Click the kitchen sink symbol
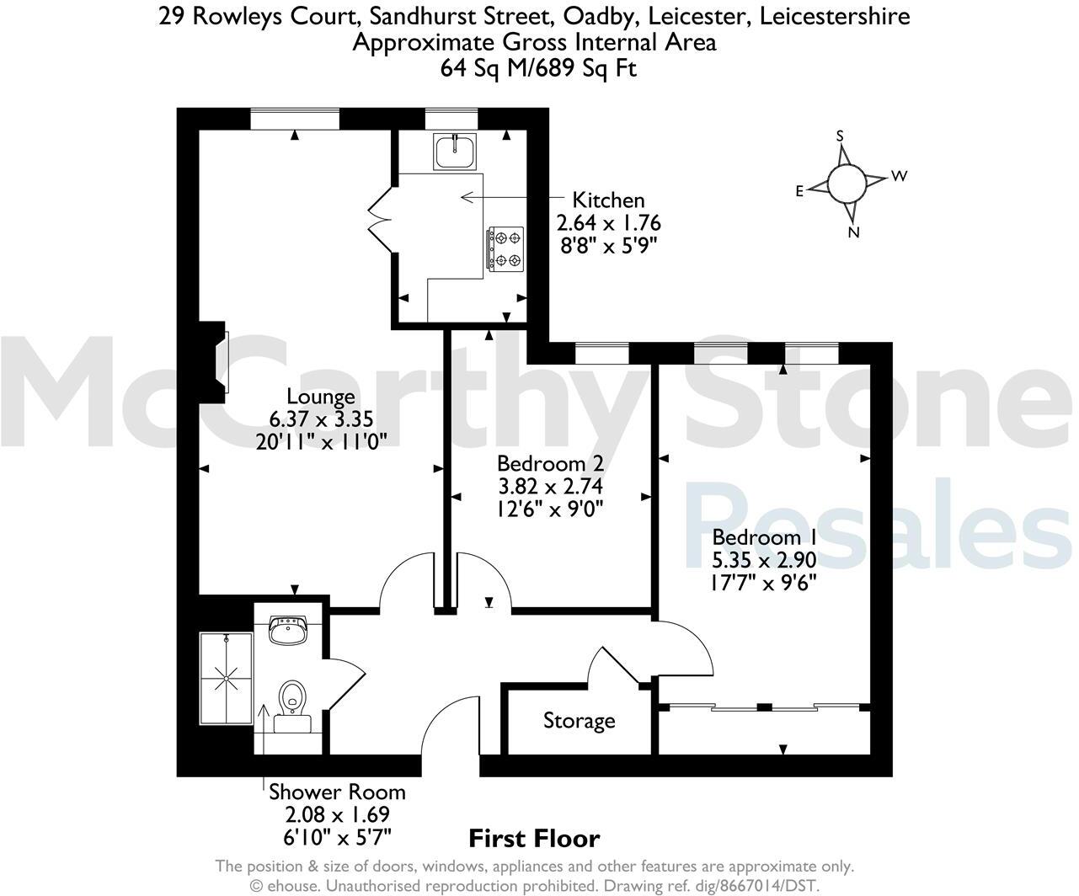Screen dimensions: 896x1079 coord(455,152)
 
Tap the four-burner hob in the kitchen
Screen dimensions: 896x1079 coord(505,250)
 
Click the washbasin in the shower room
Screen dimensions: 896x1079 coord(289,630)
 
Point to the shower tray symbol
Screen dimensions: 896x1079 coord(226,678)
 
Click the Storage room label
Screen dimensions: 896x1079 coord(579,721)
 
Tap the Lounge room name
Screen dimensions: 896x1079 coord(320,396)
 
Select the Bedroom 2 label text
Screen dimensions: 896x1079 coord(550,463)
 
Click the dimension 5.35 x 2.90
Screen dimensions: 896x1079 coord(764,560)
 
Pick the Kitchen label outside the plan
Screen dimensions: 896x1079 coord(608,200)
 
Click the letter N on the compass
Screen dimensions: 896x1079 coord(853,233)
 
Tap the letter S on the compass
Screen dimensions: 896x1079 coord(840,136)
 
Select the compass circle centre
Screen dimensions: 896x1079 coord(846,184)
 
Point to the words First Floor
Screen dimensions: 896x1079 coord(534,839)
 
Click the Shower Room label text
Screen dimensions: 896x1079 coord(337,792)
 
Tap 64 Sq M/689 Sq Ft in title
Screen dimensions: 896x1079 coord(538,68)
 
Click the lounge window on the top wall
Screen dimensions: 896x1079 coord(295,119)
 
